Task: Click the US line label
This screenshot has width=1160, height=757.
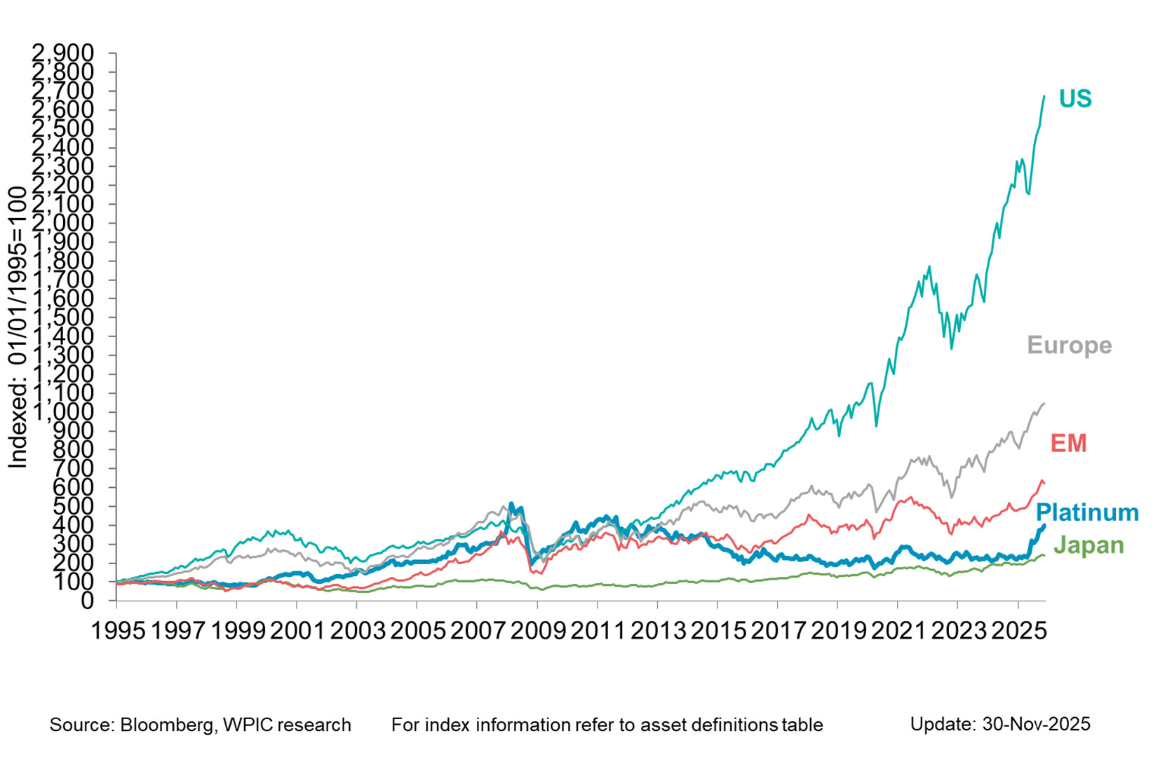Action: [1075, 99]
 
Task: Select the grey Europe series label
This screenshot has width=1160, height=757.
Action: [1069, 346]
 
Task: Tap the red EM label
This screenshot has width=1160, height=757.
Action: [1068, 444]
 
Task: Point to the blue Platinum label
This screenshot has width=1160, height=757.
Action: [1087, 512]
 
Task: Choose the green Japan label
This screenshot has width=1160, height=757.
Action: [1088, 545]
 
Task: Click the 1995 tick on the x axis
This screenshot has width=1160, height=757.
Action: [119, 631]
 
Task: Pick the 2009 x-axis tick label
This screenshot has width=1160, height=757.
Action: [538, 631]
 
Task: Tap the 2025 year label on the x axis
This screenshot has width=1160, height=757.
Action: [1018, 631]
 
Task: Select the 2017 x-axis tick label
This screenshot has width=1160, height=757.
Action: [778, 631]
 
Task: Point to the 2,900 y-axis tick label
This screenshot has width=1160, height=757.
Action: [63, 53]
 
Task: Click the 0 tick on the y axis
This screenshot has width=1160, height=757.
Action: [88, 601]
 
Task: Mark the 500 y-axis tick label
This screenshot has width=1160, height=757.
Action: [74, 506]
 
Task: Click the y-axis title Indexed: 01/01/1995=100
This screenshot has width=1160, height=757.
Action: [18, 328]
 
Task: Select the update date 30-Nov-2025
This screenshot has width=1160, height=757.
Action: [1036, 724]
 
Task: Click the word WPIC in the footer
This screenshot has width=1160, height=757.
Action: [244, 725]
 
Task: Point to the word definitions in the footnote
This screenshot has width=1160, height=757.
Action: [734, 725]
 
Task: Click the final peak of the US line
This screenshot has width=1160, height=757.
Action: [1044, 96]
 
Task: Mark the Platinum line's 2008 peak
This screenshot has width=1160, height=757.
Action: [511, 503]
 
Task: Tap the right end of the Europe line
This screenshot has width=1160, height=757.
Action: [1045, 403]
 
